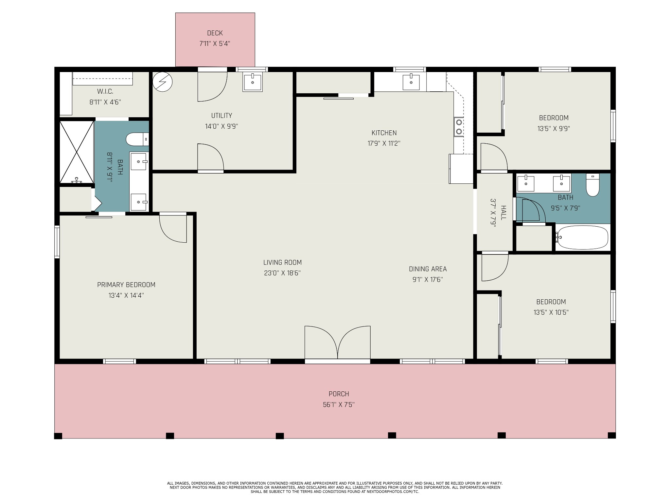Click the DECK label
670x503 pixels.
[215, 33]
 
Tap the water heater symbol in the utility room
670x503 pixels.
[163, 82]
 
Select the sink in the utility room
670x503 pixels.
[252, 82]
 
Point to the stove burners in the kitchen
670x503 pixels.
[459, 127]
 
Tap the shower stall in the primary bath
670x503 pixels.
[77, 152]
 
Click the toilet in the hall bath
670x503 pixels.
[592, 185]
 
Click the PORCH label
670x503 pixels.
[339, 394]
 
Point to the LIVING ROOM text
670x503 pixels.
[282, 262]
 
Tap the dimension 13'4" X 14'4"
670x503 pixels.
[126, 295]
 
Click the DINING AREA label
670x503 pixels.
[428, 269]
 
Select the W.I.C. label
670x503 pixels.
[105, 91]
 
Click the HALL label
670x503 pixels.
[503, 213]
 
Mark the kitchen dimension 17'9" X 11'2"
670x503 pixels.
[384, 143]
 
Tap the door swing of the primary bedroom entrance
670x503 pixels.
[173, 228]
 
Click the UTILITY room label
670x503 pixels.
[221, 116]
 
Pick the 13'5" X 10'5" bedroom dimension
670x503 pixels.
[551, 312]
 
